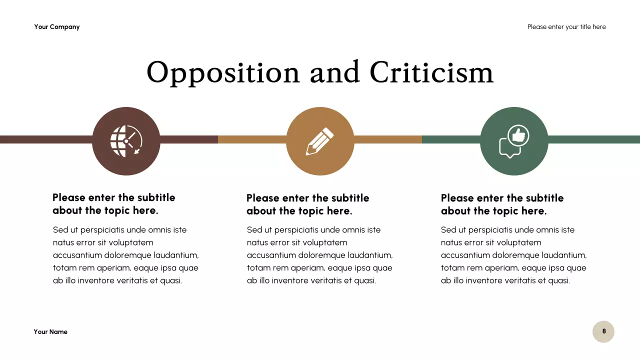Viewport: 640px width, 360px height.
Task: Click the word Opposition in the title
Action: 223,73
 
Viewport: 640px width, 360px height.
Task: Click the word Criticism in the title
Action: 431,72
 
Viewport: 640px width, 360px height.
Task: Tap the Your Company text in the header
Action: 57,27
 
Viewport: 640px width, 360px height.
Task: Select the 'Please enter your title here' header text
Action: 566,27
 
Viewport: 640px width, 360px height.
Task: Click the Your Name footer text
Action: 50,332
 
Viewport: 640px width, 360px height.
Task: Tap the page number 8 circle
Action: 603,331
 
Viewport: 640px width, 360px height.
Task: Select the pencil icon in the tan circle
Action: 320,141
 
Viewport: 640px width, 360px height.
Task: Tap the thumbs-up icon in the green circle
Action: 518,135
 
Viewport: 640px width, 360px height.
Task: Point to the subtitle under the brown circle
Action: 114,204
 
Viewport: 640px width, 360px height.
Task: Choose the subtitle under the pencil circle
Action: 308,204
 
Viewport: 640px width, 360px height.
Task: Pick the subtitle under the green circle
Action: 502,204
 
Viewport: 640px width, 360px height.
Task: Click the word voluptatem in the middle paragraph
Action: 325,242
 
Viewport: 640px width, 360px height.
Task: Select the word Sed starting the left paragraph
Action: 59,230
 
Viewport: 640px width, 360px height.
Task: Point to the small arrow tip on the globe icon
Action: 136,150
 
